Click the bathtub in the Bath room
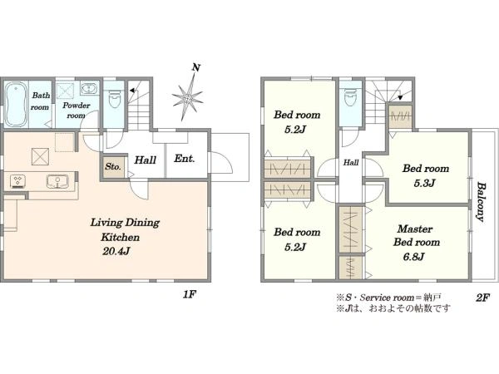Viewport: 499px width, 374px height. (x=16, y=105)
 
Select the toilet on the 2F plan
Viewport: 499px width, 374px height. (x=350, y=96)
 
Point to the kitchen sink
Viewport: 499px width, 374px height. (x=57, y=182)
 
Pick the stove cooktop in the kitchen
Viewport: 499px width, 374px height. (x=18, y=181)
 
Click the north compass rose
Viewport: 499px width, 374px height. (x=188, y=97)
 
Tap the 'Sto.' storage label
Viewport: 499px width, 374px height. (x=113, y=166)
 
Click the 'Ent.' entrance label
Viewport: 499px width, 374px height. (x=185, y=159)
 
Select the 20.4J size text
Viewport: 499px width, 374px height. (x=116, y=252)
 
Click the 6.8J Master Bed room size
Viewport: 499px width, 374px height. (x=413, y=256)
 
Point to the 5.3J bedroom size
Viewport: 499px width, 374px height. (x=424, y=183)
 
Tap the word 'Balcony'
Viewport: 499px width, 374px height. (x=481, y=202)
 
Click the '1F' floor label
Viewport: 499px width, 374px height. (x=189, y=295)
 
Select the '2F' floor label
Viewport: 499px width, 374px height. (x=482, y=298)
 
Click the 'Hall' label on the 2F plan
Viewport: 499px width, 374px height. (x=351, y=163)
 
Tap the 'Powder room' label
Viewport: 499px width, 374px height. (x=77, y=110)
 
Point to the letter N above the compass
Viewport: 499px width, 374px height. (x=196, y=67)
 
